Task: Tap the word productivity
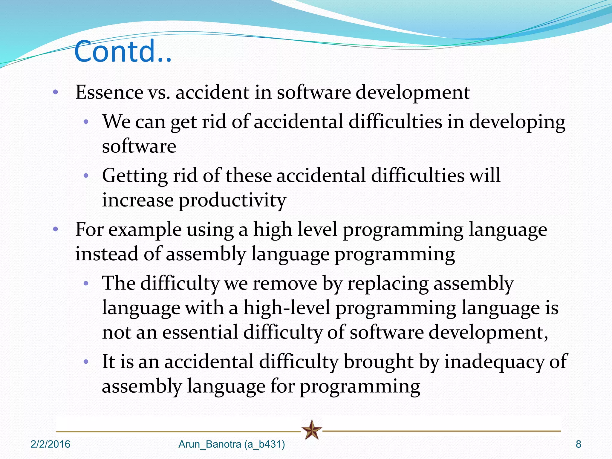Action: point(232,200)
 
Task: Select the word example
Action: point(145,230)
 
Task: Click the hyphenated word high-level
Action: point(287,308)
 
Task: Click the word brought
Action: point(378,362)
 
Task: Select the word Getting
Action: point(135,176)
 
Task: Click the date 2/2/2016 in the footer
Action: point(50,444)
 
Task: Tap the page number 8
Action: point(578,444)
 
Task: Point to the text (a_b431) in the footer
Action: point(264,444)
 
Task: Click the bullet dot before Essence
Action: point(55,92)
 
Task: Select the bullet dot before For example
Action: point(55,230)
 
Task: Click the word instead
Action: point(106,254)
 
